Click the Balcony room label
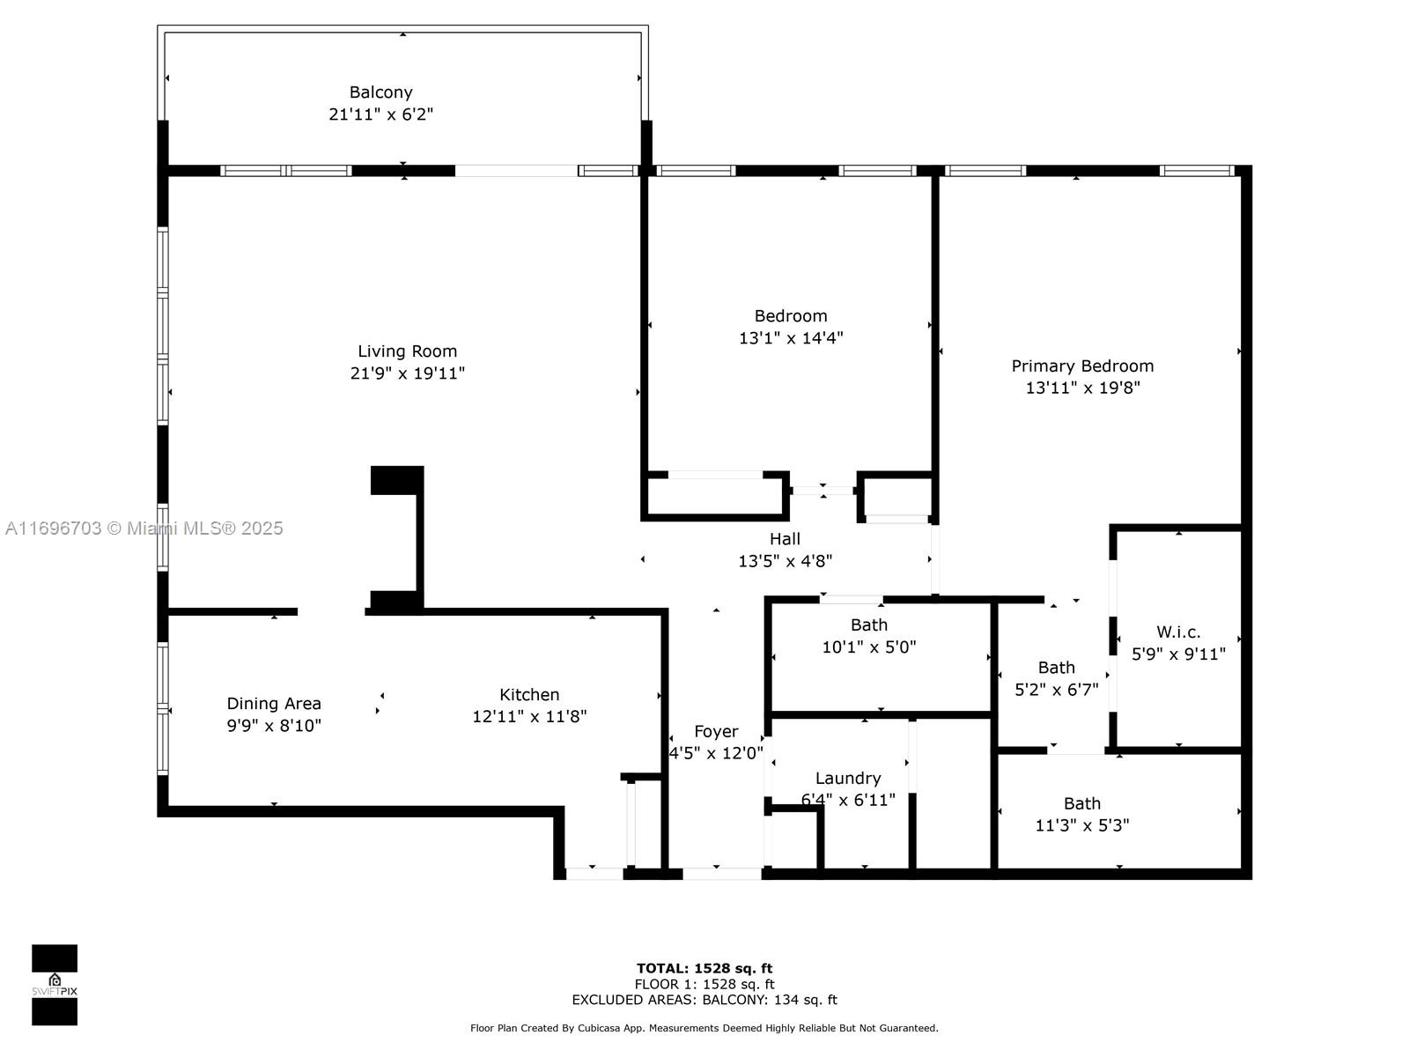(380, 92)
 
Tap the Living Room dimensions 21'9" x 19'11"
(408, 373)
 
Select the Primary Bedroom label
(1082, 366)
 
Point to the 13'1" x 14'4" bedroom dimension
(791, 337)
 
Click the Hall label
(785, 539)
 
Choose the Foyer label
(716, 731)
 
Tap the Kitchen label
(529, 694)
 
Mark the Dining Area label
(274, 704)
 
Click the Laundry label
(848, 778)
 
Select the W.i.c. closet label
(1178, 632)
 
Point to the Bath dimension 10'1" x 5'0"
(869, 647)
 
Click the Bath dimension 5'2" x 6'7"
(1057, 690)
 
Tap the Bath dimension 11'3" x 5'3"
(1082, 824)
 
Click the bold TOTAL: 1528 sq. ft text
(704, 968)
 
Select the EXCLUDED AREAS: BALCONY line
(704, 999)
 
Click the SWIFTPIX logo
(55, 985)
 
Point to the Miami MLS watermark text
(144, 528)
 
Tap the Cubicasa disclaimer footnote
(704, 1028)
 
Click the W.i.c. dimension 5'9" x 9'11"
(1178, 654)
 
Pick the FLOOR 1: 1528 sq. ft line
(704, 984)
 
